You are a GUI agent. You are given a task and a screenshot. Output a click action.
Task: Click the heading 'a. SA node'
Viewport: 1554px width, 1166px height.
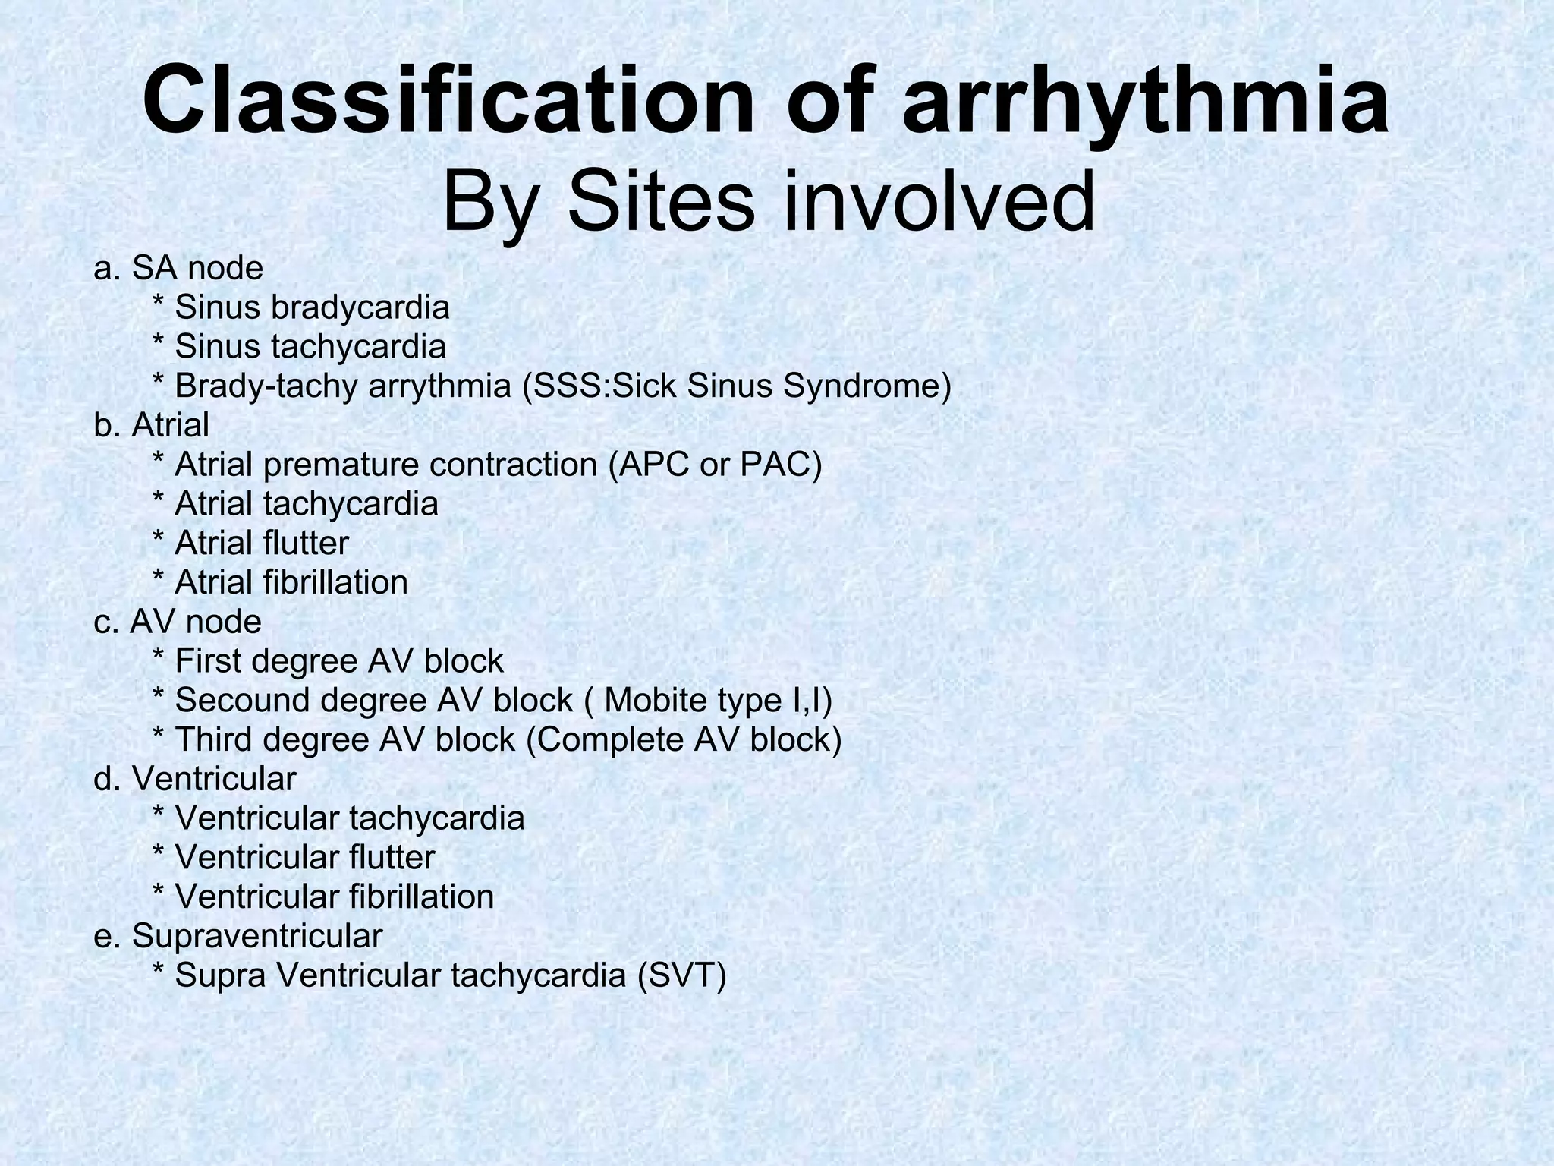(x=178, y=268)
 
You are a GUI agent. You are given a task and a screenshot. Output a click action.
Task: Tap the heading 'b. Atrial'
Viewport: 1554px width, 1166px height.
(x=151, y=425)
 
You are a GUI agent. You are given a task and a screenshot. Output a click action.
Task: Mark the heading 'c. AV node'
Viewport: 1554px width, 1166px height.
(x=178, y=622)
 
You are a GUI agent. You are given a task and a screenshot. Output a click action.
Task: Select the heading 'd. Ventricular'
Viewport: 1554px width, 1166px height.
(x=195, y=779)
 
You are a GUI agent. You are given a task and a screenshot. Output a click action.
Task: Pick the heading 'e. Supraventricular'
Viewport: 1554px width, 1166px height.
(x=238, y=936)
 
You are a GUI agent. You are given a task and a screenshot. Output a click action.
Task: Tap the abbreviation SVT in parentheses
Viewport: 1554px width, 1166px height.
(x=681, y=975)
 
